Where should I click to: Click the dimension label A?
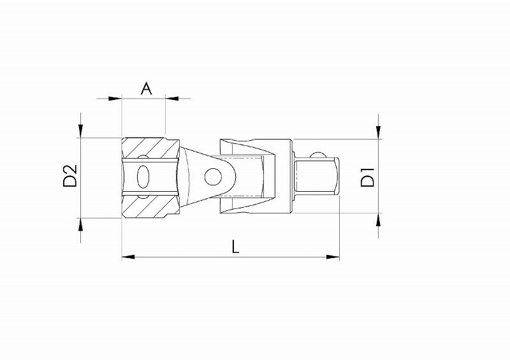tap(147, 88)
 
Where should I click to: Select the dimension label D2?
tap(70, 176)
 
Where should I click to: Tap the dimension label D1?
tap(368, 177)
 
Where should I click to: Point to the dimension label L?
tap(235, 246)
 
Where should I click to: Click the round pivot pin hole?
tap(213, 177)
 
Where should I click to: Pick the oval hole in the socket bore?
tap(143, 177)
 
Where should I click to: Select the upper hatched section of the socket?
tap(150, 148)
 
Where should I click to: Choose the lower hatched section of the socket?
tap(150, 206)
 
